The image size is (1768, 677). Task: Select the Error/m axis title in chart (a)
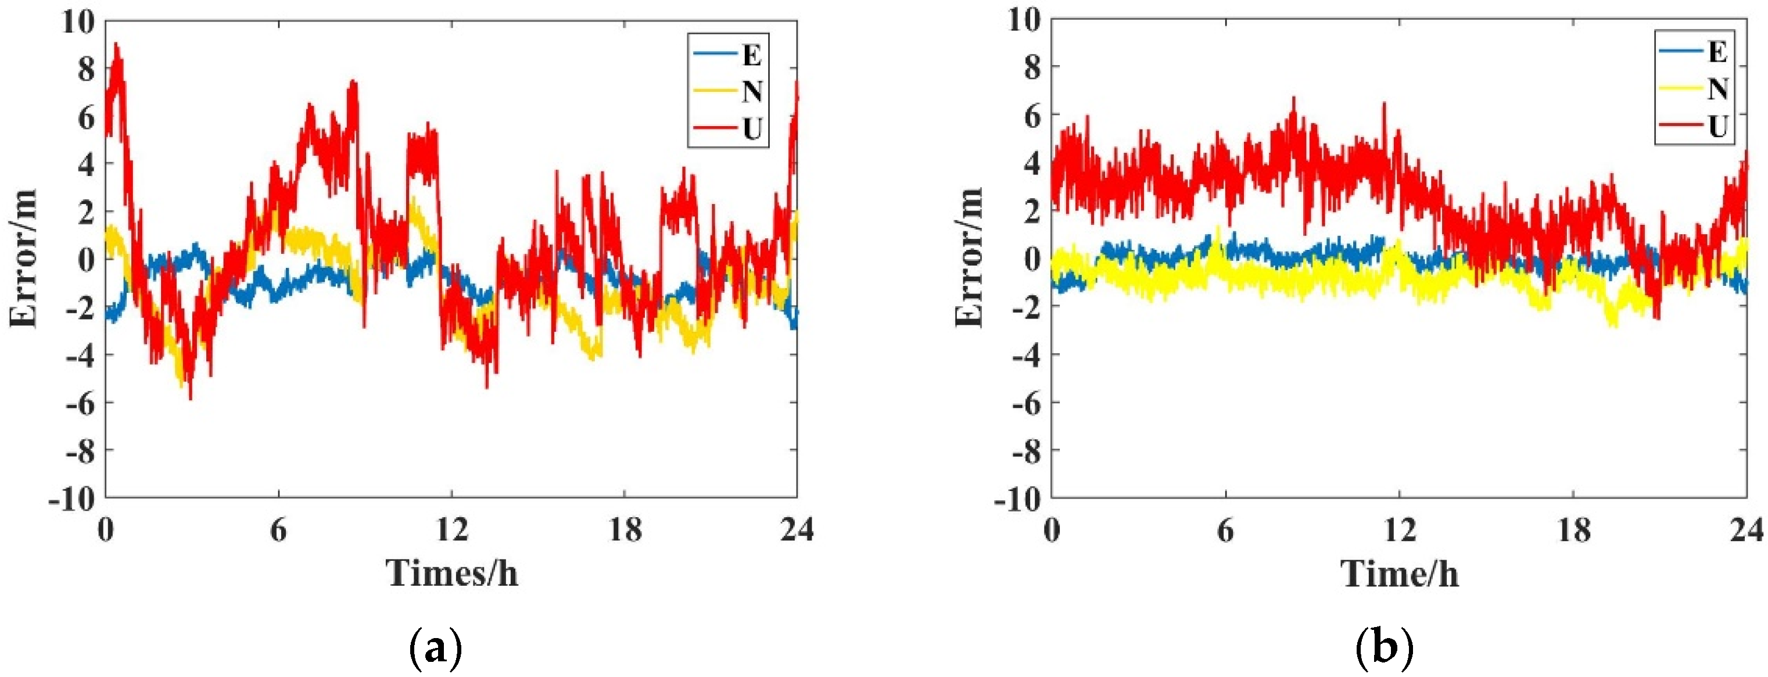tap(23, 259)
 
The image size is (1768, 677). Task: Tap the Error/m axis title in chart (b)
tap(969, 257)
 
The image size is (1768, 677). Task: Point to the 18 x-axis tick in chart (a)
tap(624, 529)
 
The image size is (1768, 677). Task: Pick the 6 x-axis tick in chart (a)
tap(278, 529)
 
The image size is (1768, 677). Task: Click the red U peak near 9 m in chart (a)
tap(117, 45)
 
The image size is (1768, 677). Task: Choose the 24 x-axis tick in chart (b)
tap(1745, 529)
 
